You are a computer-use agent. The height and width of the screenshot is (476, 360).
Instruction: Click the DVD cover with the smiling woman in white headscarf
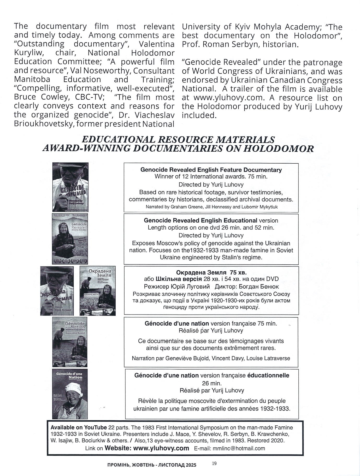[70, 394]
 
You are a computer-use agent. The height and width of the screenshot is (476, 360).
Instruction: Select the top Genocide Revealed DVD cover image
[70, 187]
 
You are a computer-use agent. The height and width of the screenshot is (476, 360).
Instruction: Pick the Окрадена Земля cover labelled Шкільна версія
[97, 291]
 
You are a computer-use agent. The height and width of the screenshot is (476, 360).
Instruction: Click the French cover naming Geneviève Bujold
[70, 342]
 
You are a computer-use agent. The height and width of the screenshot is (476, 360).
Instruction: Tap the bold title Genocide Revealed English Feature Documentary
[211, 170]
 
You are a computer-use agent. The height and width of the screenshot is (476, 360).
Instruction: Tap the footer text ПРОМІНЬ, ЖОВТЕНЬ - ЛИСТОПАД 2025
[152, 465]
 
